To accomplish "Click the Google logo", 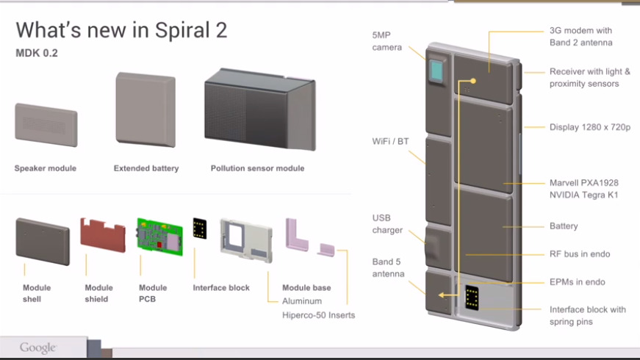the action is pos(37,348).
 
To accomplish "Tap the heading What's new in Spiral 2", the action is pos(121,30).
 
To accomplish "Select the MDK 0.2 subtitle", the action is pos(37,53).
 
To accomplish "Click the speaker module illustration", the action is pos(46,125).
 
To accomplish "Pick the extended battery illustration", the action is pos(145,109).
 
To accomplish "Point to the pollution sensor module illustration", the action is pos(260,109).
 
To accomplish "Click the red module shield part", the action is pos(103,235).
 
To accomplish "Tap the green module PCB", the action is pos(159,237).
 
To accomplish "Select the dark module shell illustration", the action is pos(43,241).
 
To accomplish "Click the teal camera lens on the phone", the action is pos(436,71).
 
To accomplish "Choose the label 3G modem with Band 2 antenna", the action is pos(580,36).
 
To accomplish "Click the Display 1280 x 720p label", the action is pos(590,127).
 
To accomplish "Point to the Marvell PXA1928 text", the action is pos(583,183).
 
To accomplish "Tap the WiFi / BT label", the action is pos(390,141).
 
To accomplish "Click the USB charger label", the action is pos(387,224).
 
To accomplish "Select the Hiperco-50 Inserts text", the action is pos(318,315).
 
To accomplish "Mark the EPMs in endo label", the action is pos(577,282).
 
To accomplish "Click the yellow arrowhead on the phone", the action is pos(441,295).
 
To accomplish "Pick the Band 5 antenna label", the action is pos(388,267).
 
